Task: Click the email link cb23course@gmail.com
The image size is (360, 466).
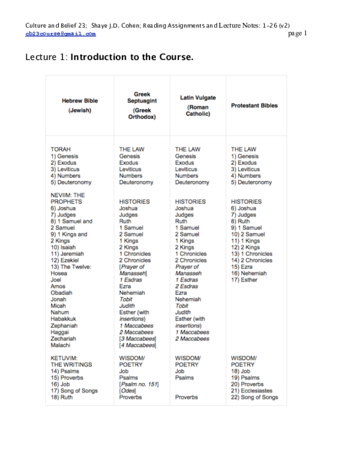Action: pyautogui.click(x=61, y=35)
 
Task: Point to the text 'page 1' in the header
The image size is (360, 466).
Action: pyautogui.click(x=298, y=34)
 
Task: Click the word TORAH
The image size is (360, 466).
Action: pyautogui.click(x=61, y=149)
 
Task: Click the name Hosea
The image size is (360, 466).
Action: pyautogui.click(x=59, y=273)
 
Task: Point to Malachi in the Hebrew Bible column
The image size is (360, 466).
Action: pyautogui.click(x=61, y=345)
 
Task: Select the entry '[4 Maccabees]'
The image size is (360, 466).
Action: pyautogui.click(x=137, y=345)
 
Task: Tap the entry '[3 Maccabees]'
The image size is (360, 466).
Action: pyautogui.click(x=137, y=339)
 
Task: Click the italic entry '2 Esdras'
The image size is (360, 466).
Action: pyautogui.click(x=187, y=286)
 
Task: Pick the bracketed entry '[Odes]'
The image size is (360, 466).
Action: pyautogui.click(x=128, y=390)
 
